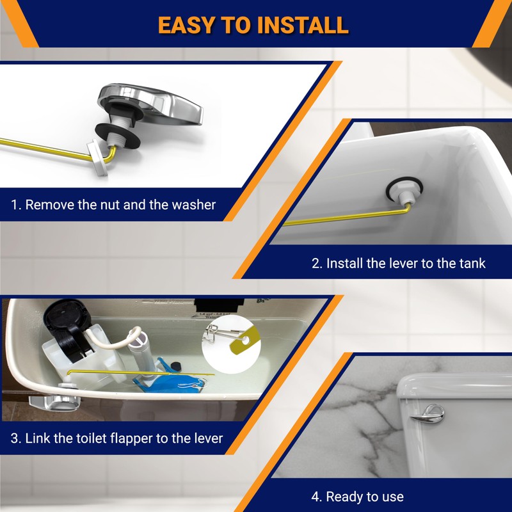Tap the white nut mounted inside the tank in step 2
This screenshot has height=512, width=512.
click(397, 191)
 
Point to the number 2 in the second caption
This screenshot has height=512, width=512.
click(315, 263)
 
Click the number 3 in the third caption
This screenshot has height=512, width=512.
click(14, 438)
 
